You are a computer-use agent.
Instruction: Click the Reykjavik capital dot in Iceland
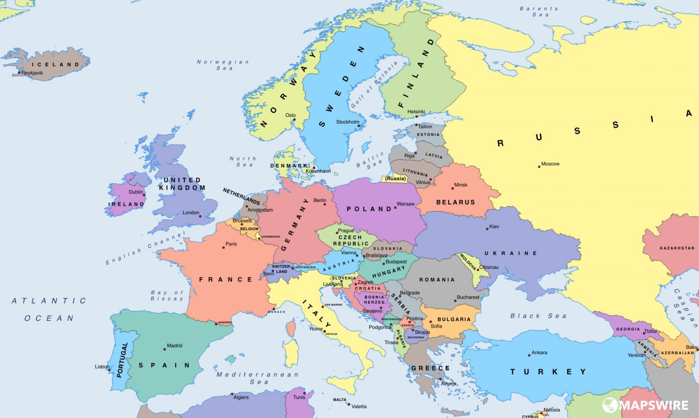click(x=19, y=73)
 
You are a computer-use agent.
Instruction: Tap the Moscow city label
click(x=550, y=164)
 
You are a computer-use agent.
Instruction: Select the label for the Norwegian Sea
click(x=223, y=65)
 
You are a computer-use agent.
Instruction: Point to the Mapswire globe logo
click(x=610, y=405)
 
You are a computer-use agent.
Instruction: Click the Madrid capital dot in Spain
click(x=165, y=349)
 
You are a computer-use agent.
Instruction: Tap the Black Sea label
click(x=538, y=316)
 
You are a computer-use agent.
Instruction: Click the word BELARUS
click(x=455, y=202)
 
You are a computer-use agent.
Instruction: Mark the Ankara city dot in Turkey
click(x=529, y=355)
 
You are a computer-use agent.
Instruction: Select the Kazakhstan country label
click(x=677, y=248)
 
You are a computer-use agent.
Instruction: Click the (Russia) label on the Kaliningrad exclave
click(x=395, y=179)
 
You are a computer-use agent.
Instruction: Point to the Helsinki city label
click(x=416, y=112)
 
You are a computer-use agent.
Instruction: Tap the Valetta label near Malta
click(x=359, y=406)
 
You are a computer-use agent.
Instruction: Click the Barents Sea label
click(x=539, y=12)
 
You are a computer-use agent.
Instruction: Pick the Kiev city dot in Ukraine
click(x=487, y=229)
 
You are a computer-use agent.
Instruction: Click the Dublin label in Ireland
click(x=135, y=192)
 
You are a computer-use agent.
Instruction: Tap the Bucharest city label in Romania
click(x=468, y=297)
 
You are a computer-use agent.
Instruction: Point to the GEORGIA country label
click(x=628, y=329)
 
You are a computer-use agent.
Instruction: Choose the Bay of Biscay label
click(x=167, y=295)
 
